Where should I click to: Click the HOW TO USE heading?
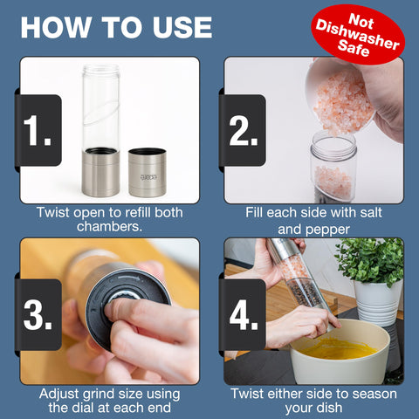click(x=116, y=26)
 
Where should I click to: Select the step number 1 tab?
click(x=38, y=131)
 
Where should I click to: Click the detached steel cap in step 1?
click(x=147, y=171)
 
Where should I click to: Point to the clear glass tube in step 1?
click(x=100, y=105)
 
